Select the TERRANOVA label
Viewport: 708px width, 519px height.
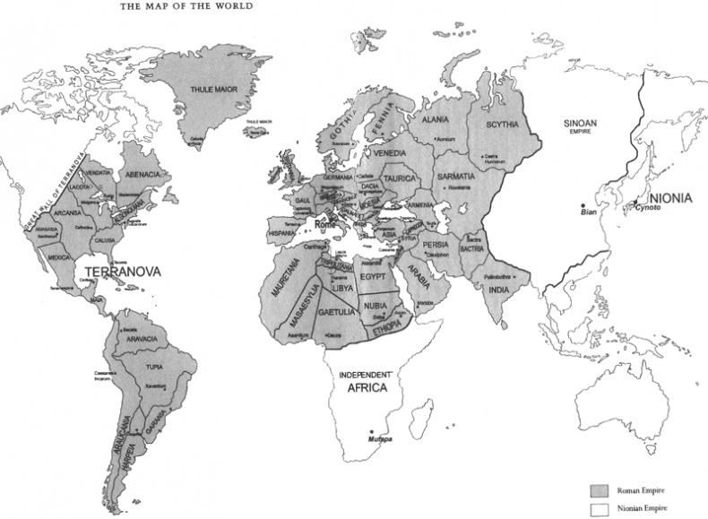117,269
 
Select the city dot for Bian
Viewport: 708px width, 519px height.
583,204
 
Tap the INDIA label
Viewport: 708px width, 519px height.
497,289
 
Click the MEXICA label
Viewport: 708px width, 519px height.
59,256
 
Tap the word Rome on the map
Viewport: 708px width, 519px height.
324,224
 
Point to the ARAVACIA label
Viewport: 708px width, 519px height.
142,339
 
